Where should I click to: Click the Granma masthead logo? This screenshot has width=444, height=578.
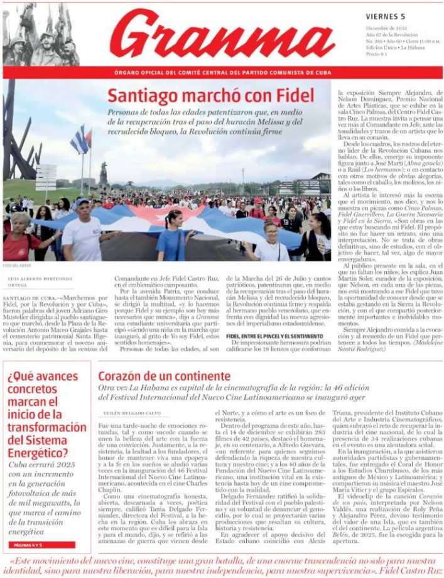point(223,35)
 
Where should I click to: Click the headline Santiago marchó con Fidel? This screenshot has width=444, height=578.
point(210,96)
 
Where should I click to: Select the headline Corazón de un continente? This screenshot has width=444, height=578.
point(164,376)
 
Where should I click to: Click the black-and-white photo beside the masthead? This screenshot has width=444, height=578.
point(41,34)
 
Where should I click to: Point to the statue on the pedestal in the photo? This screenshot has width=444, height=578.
point(102,173)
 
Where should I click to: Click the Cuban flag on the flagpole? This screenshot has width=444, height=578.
point(80,139)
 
